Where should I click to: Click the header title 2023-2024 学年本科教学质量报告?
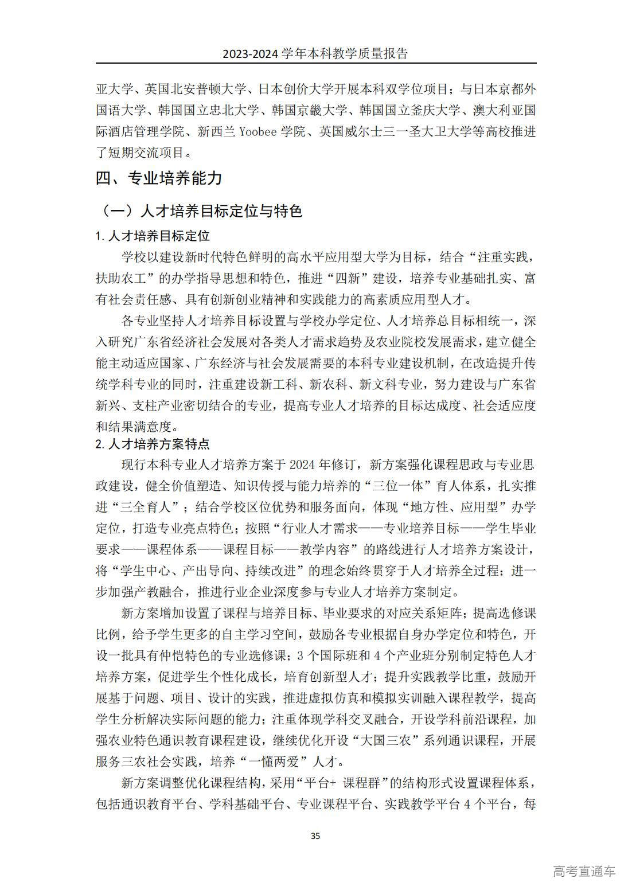click(x=315, y=54)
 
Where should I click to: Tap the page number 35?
click(x=315, y=836)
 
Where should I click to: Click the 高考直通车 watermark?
click(x=584, y=870)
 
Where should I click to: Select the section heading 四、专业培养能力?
click(x=159, y=178)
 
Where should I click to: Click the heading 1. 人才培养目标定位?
click(x=153, y=236)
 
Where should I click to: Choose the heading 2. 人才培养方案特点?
click(x=153, y=444)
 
